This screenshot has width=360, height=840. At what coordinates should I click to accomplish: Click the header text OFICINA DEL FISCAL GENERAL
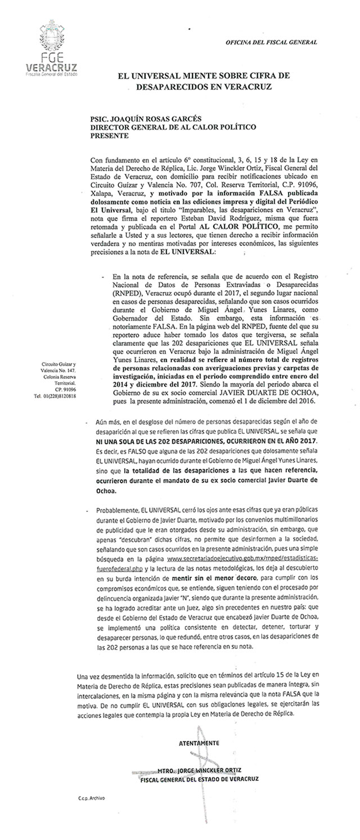(x=271, y=42)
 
